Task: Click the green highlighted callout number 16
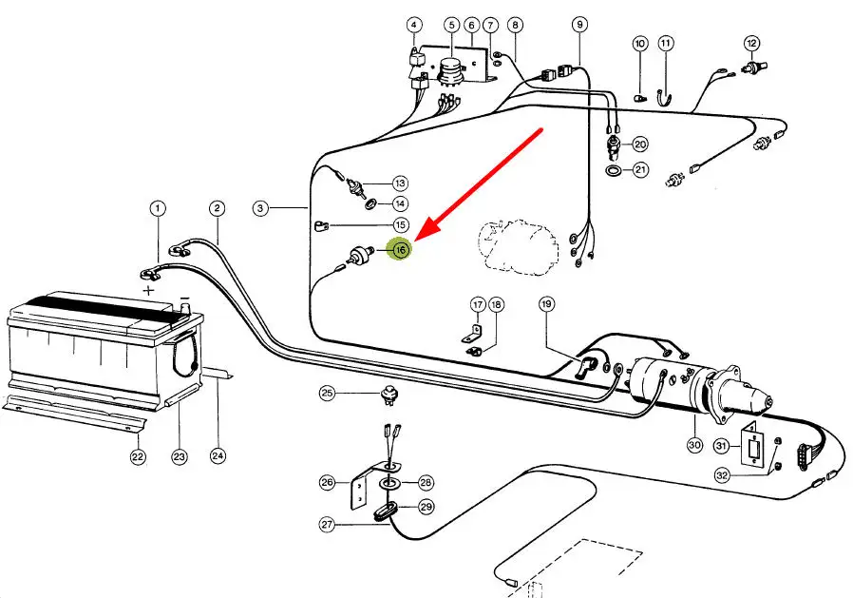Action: click(400, 250)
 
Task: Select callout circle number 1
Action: click(158, 208)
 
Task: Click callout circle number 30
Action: click(694, 445)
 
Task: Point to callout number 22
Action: click(138, 456)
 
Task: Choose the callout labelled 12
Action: click(751, 43)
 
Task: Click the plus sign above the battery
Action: click(148, 290)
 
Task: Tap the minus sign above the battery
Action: click(185, 298)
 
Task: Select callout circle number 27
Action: click(327, 525)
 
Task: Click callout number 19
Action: click(547, 304)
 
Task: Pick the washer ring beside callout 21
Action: click(613, 170)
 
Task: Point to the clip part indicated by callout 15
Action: click(320, 225)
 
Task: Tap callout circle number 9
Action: click(580, 25)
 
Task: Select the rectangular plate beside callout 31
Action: click(753, 447)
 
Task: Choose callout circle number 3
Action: click(260, 208)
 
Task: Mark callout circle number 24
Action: click(218, 455)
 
